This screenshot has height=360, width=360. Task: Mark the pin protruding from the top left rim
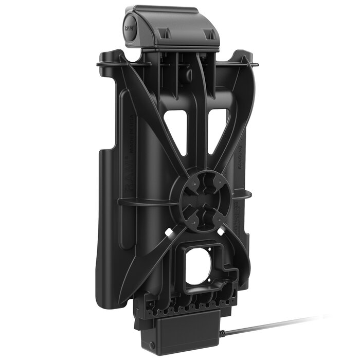(99, 65)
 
